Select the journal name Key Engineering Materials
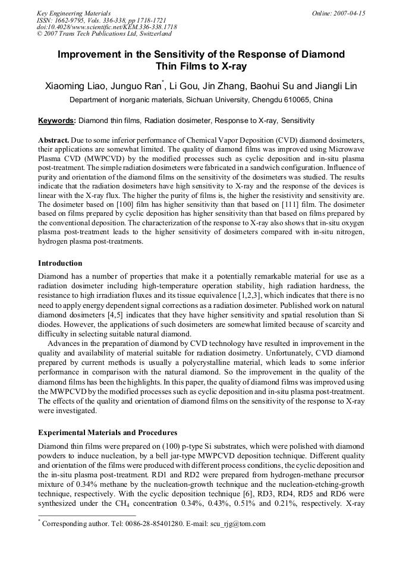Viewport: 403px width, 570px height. pos(73,13)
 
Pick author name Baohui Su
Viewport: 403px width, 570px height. pos(271,86)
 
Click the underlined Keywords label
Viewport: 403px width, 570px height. pos(56,121)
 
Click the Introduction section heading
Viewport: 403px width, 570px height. pos(60,263)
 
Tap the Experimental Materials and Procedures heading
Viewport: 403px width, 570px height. pos(108,432)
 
